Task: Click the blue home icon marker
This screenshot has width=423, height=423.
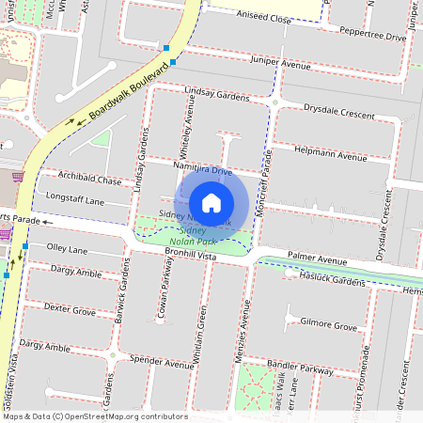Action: [211, 202]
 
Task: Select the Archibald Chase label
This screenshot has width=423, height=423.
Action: [88, 180]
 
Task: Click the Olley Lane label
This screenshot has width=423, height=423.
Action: [67, 250]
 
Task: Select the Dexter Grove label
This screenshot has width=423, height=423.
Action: [70, 308]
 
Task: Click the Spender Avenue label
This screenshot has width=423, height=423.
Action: [160, 361]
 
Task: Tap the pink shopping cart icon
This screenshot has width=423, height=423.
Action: [16, 177]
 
